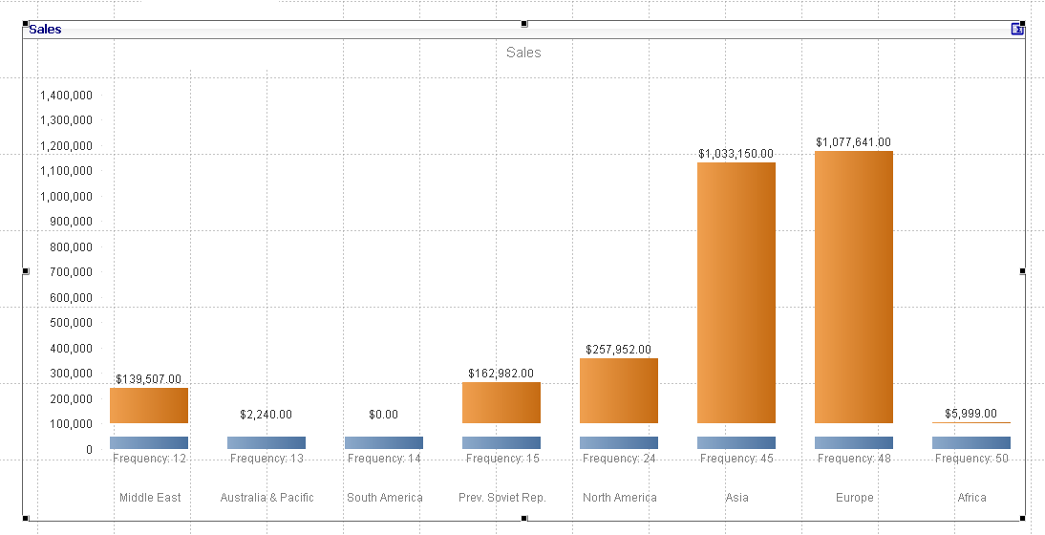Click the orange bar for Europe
point(854,287)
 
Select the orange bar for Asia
point(736,292)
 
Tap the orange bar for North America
point(619,391)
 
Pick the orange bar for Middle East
point(149,405)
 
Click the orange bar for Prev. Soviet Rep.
point(501,402)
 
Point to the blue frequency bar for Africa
point(971,442)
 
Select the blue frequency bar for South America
point(384,442)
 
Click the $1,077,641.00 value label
point(854,142)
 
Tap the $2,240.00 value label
point(267,415)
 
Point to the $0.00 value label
point(384,415)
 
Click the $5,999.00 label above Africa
point(971,413)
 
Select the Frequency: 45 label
point(736,459)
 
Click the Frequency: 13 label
point(267,459)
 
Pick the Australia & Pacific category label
point(267,498)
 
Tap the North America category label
point(619,498)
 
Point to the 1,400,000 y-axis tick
point(66,96)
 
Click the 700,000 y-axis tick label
point(70,272)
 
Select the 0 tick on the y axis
point(89,449)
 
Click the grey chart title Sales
point(523,53)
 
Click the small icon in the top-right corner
point(1017,30)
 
